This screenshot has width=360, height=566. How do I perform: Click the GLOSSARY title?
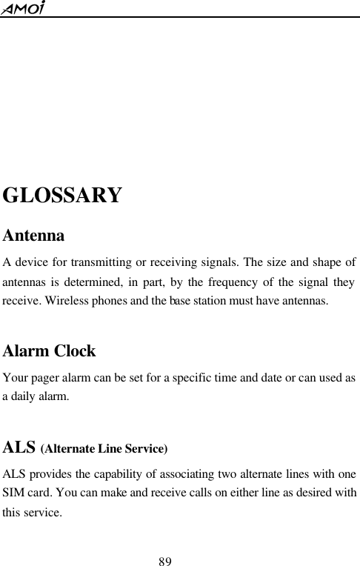click(62, 196)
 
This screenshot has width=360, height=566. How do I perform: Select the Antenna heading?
click(33, 236)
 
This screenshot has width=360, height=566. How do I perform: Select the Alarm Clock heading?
click(50, 350)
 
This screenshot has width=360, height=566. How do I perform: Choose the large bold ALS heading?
click(20, 447)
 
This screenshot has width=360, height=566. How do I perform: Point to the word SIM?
click(15, 493)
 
